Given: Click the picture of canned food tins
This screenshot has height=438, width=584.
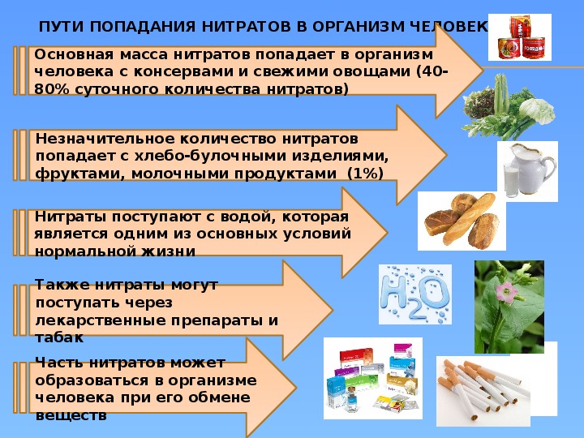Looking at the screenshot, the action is (520, 37).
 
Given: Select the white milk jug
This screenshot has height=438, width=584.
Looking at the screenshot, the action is (533, 169).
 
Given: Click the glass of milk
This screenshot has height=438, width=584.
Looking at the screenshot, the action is (511, 181).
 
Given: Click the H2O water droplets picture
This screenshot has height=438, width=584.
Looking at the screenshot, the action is (415, 294).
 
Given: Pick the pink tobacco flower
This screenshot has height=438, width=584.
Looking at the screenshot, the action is (506, 291).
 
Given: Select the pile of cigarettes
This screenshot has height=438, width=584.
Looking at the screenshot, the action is (483, 389).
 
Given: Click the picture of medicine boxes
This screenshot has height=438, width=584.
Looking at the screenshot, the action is (373, 379).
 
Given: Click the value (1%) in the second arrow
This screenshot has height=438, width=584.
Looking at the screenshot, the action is (365, 174).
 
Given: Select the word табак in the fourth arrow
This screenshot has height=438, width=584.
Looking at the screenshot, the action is (59, 337).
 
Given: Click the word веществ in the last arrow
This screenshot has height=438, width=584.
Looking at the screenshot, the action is (71, 415).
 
